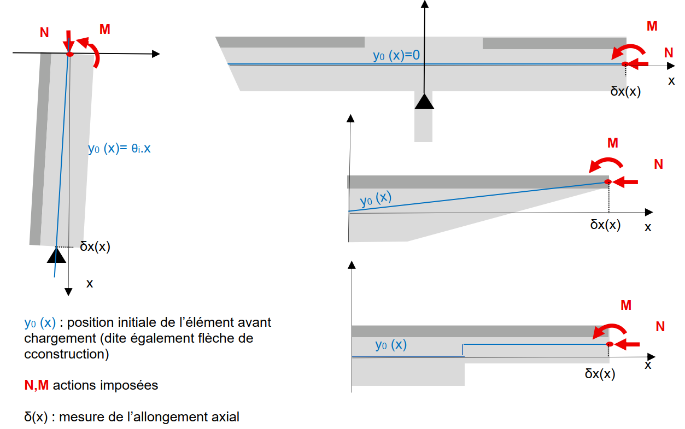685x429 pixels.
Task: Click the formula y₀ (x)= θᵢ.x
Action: coord(119,148)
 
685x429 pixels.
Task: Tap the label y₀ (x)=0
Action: coord(396,55)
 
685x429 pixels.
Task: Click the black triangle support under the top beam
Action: coord(424,101)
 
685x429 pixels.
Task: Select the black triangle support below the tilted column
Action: coord(56,255)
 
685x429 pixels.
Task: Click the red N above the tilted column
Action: coord(44,33)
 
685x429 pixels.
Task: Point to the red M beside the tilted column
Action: coord(105,30)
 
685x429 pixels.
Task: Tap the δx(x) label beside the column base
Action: coord(95,246)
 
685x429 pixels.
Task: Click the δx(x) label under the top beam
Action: coord(625,91)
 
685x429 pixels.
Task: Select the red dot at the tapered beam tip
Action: coord(607,181)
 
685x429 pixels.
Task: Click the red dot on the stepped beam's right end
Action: coord(608,344)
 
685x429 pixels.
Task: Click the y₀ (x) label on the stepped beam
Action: coord(391,345)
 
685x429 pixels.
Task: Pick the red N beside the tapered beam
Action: coord(658,164)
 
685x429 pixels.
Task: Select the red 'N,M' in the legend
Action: coord(37,385)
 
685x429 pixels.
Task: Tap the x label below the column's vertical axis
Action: coord(90,284)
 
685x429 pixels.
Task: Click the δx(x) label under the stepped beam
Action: coord(600,374)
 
